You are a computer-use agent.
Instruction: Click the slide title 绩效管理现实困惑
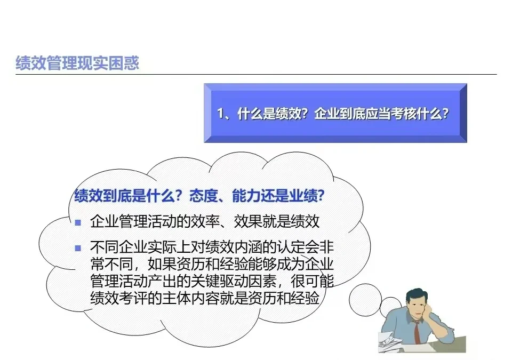coord(77,63)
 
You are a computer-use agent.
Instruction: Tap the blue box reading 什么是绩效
coord(335,113)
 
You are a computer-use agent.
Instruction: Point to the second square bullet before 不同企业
coord(78,247)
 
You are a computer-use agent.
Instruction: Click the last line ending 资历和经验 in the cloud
coord(205,298)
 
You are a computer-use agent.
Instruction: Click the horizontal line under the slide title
coord(256,75)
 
